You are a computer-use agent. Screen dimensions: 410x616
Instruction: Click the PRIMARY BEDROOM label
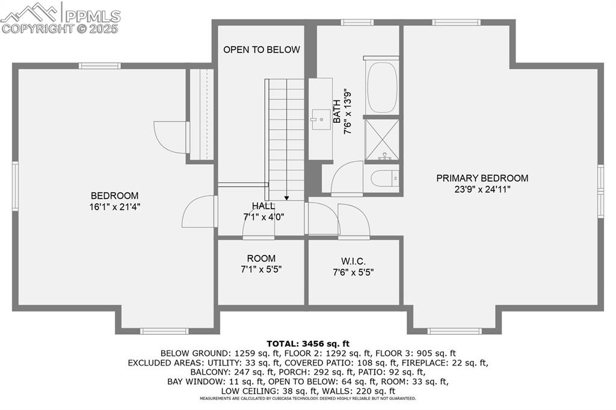[482, 178]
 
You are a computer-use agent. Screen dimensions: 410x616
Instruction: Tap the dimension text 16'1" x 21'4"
[114, 207]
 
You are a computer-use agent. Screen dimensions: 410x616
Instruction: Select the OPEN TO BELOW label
[261, 49]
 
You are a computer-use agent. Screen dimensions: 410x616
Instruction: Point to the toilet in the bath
[384, 179]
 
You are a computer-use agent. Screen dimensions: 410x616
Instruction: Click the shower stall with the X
[382, 139]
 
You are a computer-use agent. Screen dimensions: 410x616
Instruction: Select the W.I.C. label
[353, 261]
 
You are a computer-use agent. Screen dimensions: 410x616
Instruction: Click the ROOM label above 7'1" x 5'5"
[261, 259]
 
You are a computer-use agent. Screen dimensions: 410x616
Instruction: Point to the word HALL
[263, 206]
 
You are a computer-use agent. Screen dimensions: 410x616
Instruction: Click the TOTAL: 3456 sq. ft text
[307, 343]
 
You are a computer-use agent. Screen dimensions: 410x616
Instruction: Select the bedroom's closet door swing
[171, 137]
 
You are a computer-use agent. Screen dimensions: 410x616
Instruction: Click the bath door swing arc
[346, 178]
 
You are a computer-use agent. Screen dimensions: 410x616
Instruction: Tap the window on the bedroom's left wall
[16, 186]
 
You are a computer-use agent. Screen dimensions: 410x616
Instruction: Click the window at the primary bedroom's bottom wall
[454, 331]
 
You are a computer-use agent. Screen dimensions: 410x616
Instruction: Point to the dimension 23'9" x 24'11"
[482, 189]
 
